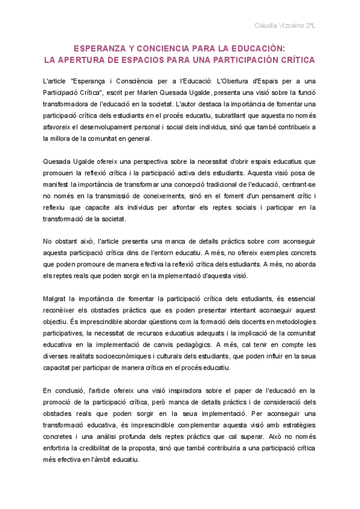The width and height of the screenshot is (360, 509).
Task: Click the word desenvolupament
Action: point(127,127)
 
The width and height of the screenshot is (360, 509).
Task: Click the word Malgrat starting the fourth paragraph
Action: point(55,298)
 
